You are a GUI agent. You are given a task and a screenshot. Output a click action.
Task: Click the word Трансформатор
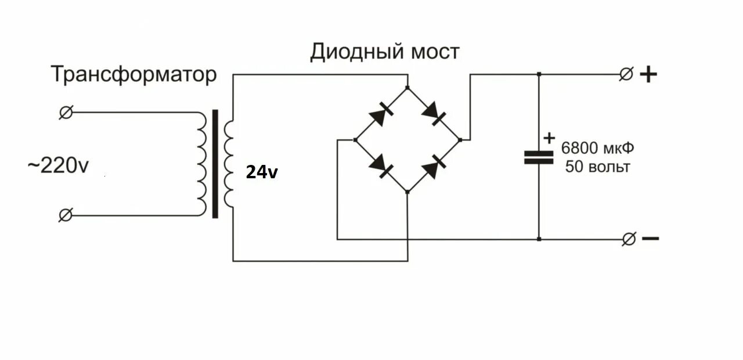point(134,75)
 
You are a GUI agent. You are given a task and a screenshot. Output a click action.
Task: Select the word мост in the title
point(435,52)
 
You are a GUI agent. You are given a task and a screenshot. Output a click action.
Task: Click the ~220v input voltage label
point(58,166)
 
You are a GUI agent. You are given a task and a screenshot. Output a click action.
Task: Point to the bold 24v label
point(262,172)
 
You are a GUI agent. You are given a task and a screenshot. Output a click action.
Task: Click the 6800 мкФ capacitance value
point(597,148)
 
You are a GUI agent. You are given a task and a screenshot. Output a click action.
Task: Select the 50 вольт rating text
point(597,167)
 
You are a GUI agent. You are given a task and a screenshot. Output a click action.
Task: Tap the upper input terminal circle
point(66,112)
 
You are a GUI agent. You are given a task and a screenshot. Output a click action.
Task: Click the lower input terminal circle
point(66,215)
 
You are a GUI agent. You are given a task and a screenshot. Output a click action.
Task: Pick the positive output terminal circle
point(626,74)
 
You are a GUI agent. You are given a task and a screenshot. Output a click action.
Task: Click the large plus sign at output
point(648,74)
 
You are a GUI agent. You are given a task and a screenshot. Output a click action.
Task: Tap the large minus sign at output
point(650,238)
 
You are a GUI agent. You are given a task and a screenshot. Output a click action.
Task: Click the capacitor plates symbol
point(539,157)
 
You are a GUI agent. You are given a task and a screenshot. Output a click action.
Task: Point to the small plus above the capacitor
point(549,138)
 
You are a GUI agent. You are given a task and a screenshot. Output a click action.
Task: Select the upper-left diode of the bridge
point(381,114)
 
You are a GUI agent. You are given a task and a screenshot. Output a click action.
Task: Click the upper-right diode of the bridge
point(434,114)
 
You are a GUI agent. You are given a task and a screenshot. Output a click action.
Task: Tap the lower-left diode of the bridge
point(381,165)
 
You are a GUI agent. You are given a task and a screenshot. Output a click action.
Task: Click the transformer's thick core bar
point(215,164)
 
